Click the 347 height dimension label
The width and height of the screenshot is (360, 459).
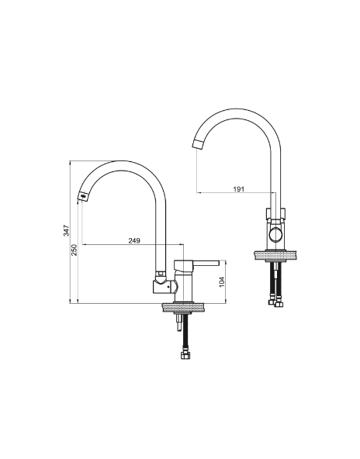tap(67, 230)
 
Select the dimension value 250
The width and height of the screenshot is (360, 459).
tap(74, 250)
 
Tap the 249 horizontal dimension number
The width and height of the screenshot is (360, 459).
tap(134, 240)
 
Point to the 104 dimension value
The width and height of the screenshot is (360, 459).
tap(222, 281)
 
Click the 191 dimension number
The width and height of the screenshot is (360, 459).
tap(239, 189)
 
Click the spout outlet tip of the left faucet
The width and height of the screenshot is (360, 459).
tap(83, 196)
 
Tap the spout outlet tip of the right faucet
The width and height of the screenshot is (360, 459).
tap(199, 143)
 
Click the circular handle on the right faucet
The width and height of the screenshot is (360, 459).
tap(275, 234)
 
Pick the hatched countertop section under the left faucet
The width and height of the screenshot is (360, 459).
tap(183, 308)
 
